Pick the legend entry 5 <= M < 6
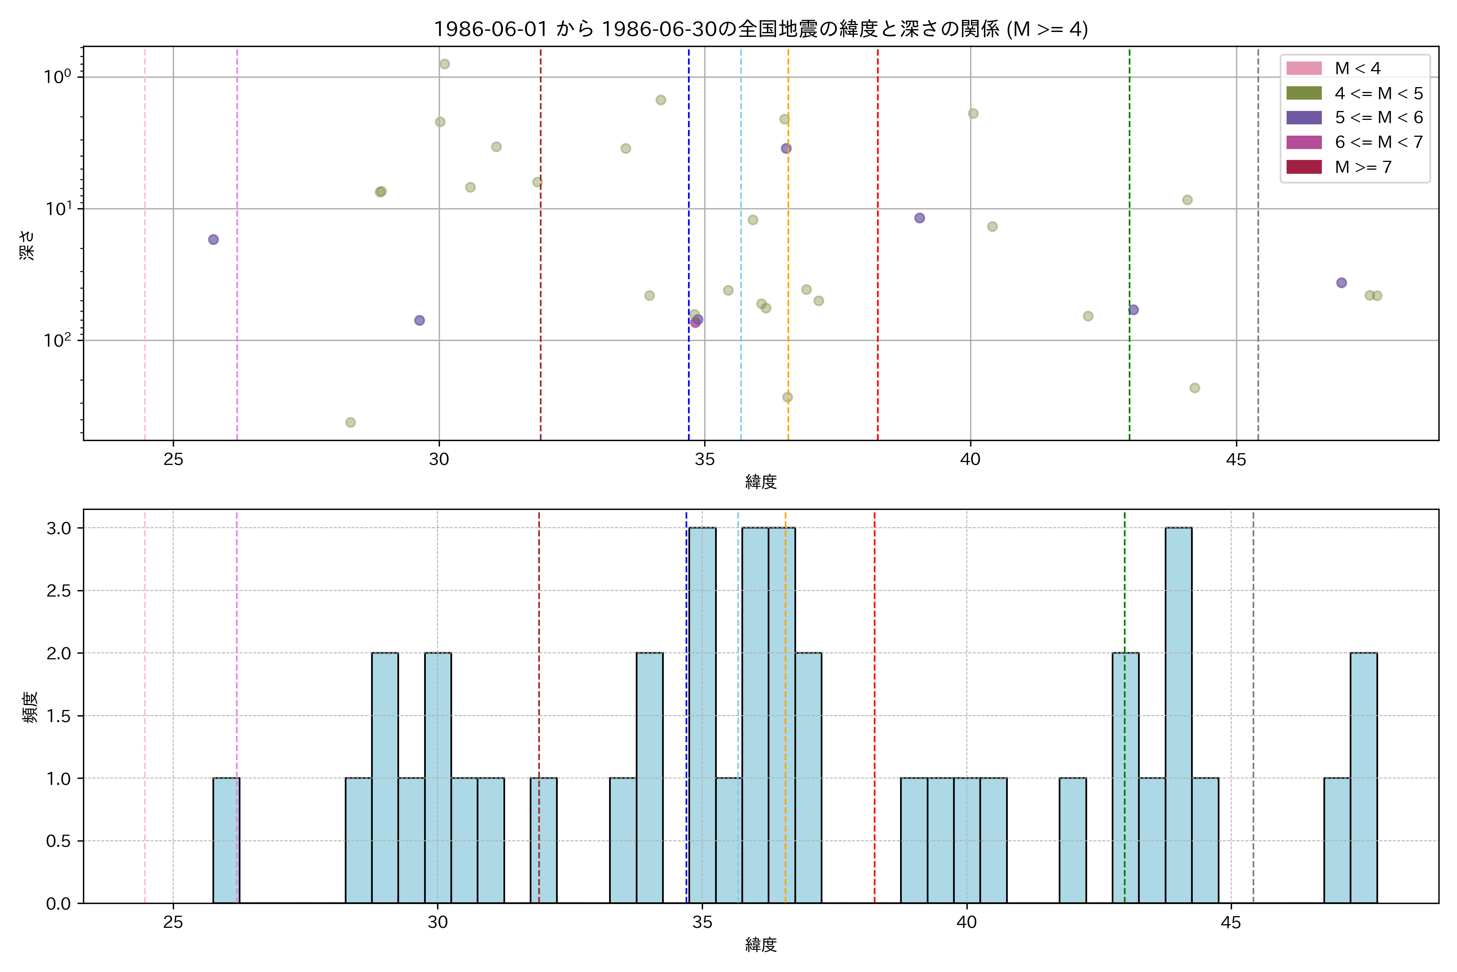1378,118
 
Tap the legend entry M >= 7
1363,167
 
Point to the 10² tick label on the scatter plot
57,340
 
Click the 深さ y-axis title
27,245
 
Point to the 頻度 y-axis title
30,707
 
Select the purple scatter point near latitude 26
213,240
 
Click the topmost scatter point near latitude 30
444,64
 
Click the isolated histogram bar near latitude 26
226,841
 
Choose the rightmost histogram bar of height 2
1364,778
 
